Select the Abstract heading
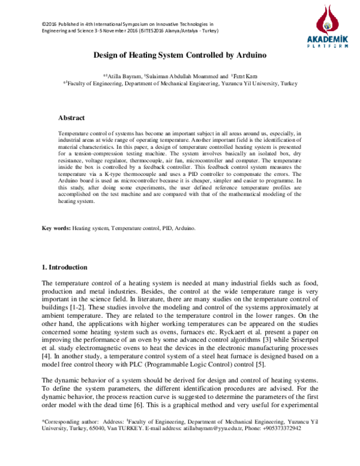[71, 118]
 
